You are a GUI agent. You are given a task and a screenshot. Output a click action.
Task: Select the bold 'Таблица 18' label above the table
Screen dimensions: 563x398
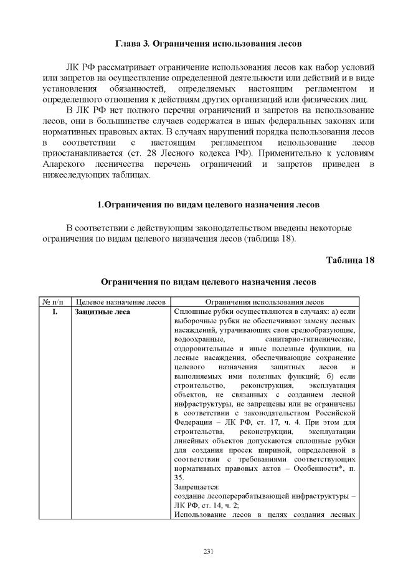[x=350, y=260]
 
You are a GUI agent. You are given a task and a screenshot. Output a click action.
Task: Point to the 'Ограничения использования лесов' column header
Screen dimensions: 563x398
[x=264, y=301]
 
